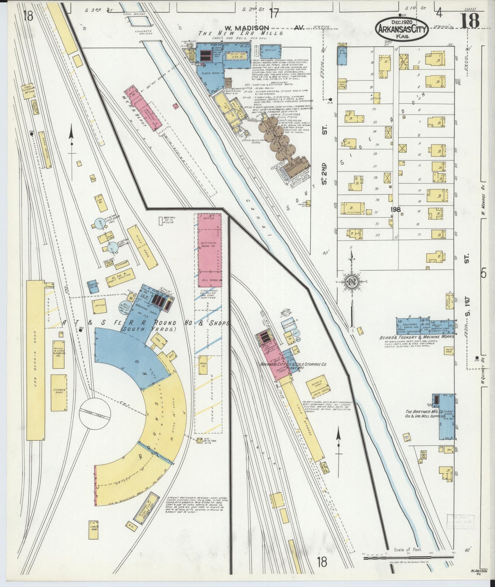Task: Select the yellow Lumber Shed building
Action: pyautogui.click(x=59, y=392)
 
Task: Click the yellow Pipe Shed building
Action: pyautogui.click(x=143, y=246)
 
